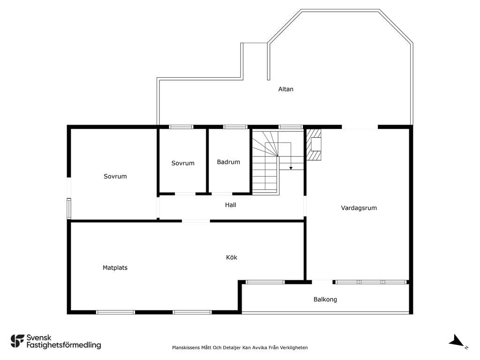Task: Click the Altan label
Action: [285, 89]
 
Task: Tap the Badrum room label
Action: [228, 162]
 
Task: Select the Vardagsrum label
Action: [359, 208]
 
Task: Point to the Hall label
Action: [231, 205]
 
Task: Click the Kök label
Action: [232, 257]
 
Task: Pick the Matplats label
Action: [115, 268]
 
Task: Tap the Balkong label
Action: [325, 300]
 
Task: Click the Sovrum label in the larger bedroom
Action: [115, 176]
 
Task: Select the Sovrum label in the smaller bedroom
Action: [183, 163]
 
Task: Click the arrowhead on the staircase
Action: [291, 168]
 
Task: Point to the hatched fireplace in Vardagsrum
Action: [314, 145]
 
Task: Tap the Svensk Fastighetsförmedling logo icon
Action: [17, 341]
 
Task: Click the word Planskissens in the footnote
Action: [186, 347]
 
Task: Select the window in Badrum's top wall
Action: [235, 127]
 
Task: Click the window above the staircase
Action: [291, 127]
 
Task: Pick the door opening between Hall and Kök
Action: [196, 221]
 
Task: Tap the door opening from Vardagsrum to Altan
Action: [360, 127]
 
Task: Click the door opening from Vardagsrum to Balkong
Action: [322, 282]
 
